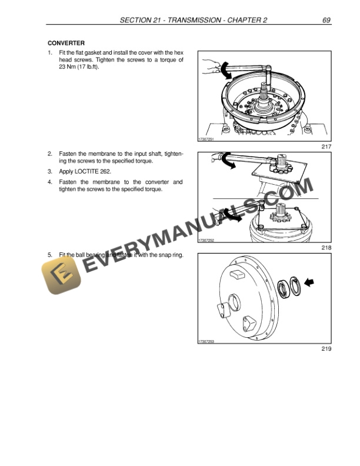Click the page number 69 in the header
click(x=326, y=21)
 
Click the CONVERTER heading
click(x=66, y=43)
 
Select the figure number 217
click(x=326, y=147)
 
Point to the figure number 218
click(x=326, y=248)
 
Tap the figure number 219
click(x=326, y=349)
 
